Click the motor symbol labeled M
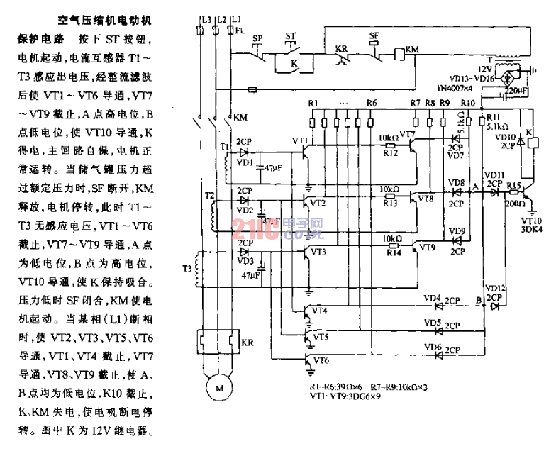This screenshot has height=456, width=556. coord(219,388)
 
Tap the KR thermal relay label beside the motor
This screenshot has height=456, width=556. coord(248,343)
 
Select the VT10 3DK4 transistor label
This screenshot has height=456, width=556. coord(533,226)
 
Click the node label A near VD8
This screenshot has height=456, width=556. coord(474,186)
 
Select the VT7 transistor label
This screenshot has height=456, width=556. coord(407,133)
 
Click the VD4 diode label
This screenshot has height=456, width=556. coord(432,298)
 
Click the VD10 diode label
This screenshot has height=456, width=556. coord(502,137)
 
